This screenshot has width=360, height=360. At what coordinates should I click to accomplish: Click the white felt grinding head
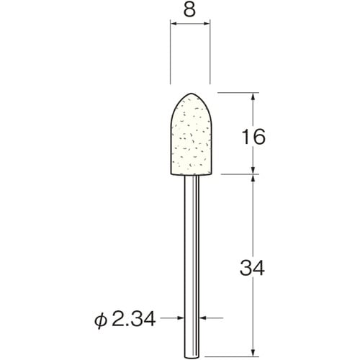tap(190, 137)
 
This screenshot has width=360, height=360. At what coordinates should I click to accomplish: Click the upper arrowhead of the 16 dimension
tap(253, 97)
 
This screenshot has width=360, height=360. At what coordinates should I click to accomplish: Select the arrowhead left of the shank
tap(180, 317)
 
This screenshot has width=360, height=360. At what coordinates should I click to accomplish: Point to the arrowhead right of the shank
tap(201, 317)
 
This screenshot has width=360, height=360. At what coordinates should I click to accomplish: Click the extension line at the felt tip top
tap(238, 92)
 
